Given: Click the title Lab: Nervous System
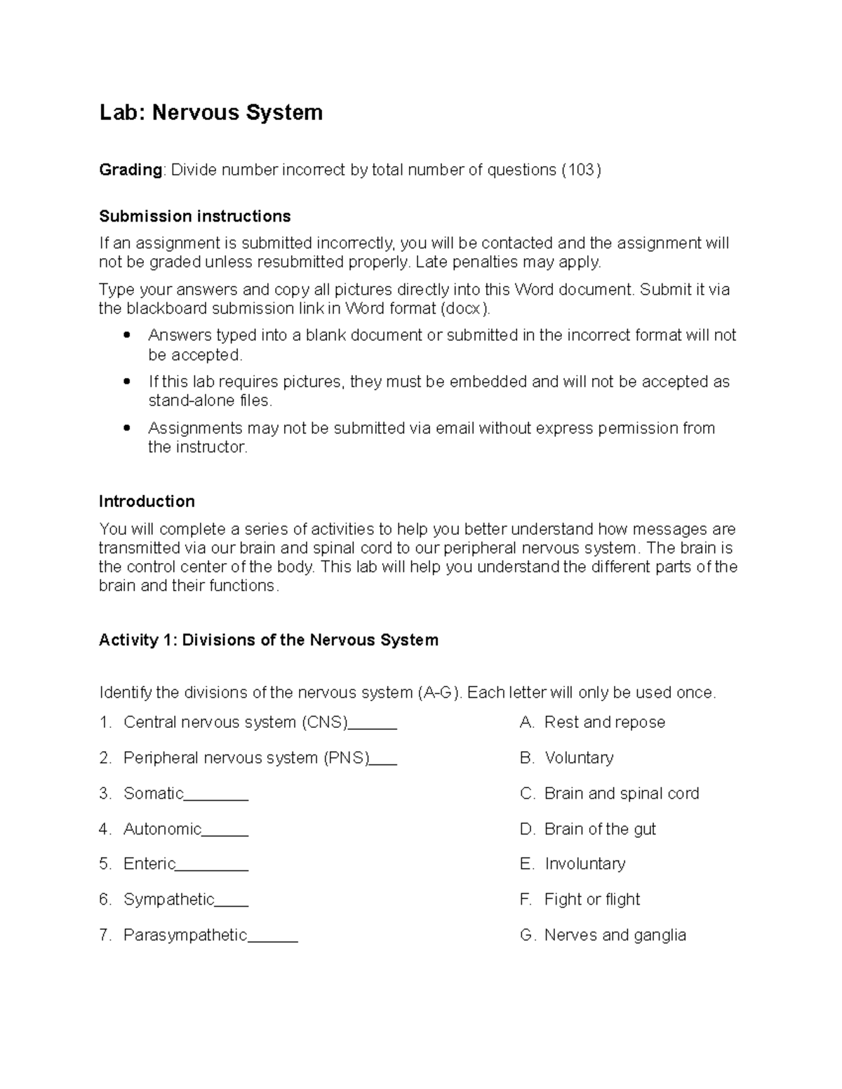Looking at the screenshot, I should [x=210, y=112].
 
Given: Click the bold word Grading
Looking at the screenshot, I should [x=131, y=170].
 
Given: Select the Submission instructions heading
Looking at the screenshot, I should [x=194, y=216].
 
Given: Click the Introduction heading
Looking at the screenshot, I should [x=147, y=501].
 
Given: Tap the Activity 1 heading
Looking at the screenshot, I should [x=268, y=640].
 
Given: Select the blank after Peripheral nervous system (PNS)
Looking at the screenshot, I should [x=383, y=760].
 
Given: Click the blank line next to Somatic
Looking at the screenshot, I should [x=216, y=796].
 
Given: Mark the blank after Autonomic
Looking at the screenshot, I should [x=225, y=832].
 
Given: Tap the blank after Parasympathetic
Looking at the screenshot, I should [x=273, y=938].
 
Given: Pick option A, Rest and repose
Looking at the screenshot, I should [x=604, y=722].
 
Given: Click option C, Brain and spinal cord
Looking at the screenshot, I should [x=621, y=793].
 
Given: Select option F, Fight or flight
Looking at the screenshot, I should [x=592, y=899].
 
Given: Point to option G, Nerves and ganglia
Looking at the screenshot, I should [x=615, y=935].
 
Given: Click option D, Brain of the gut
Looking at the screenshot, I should [x=599, y=829].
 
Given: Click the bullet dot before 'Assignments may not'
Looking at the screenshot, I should [x=126, y=428].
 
